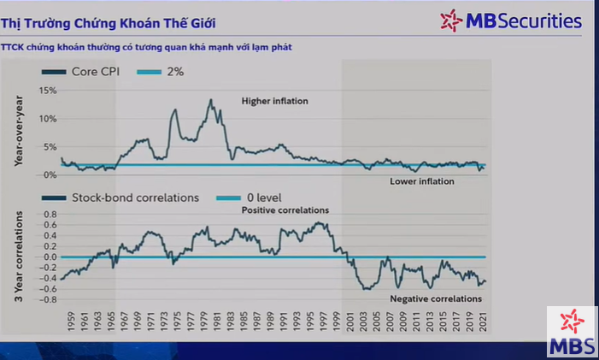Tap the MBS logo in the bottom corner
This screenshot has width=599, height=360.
pyautogui.click(x=572, y=333)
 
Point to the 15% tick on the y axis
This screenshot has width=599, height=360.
pyautogui.click(x=48, y=91)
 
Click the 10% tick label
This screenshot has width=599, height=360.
pyautogui.click(x=48, y=119)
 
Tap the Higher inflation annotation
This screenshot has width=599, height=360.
pyautogui.click(x=274, y=102)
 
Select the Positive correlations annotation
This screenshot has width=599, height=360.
pyautogui.click(x=285, y=210)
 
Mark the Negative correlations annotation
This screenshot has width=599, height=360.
pyautogui.click(x=436, y=298)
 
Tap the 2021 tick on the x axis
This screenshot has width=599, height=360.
pyautogui.click(x=484, y=321)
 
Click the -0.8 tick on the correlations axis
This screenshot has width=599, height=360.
pyautogui.click(x=49, y=299)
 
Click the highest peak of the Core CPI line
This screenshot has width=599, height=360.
pyautogui.click(x=210, y=100)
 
